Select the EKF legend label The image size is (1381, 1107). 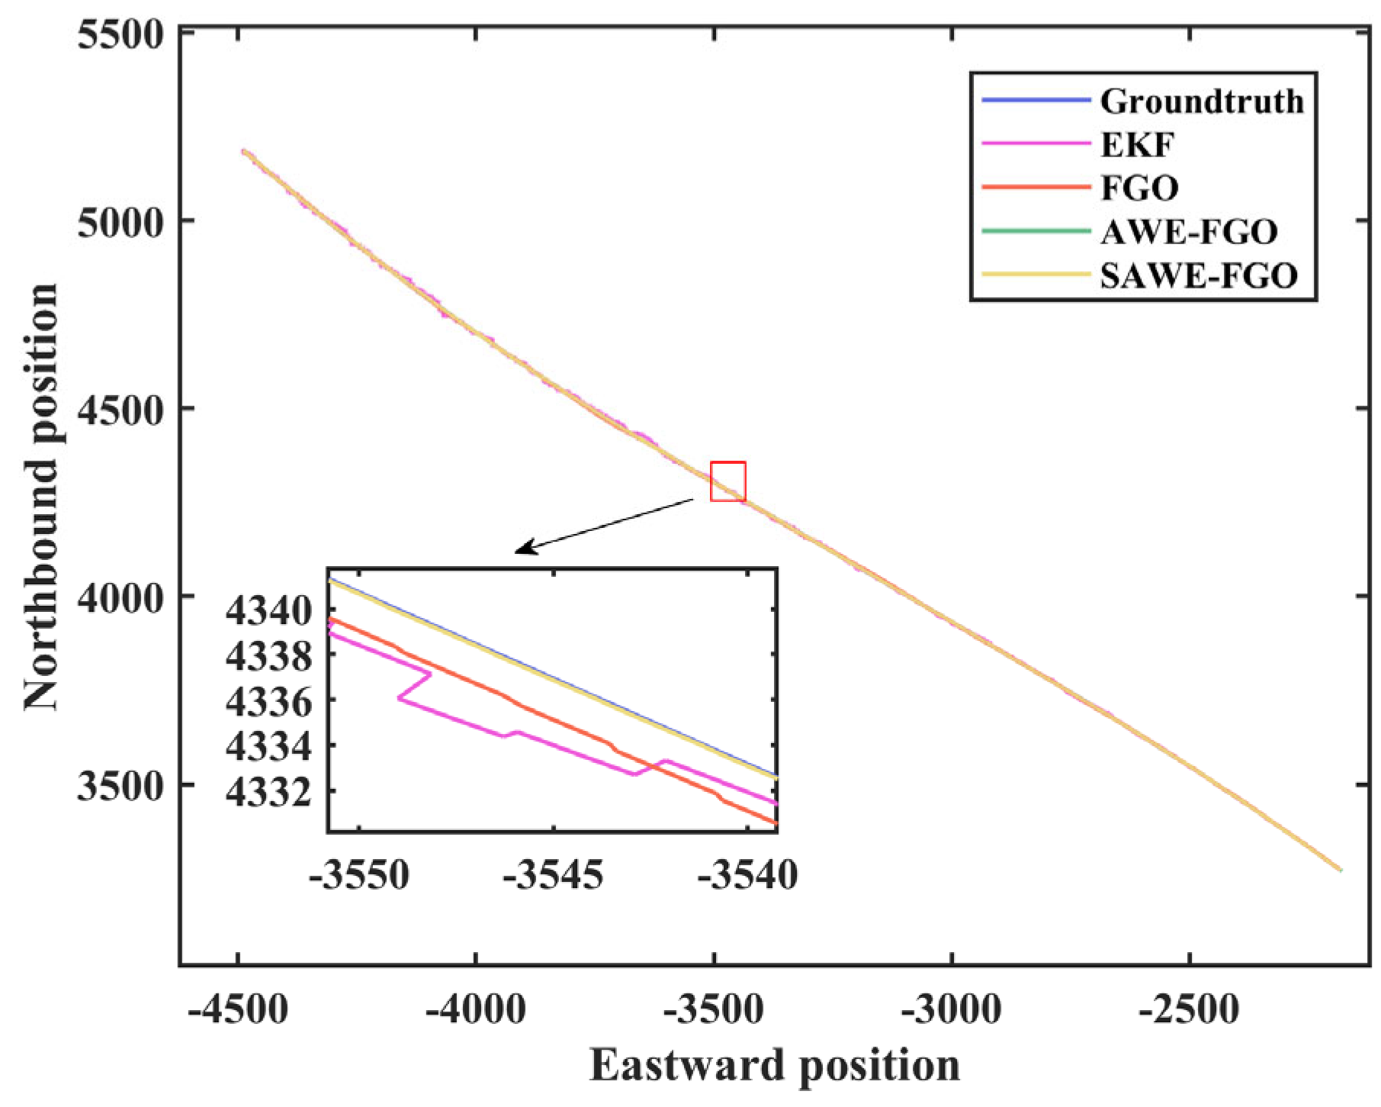tap(1137, 145)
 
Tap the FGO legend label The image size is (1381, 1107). tap(1139, 188)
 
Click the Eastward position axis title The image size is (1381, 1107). tap(774, 1065)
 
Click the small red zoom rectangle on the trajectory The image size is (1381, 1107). tap(727, 481)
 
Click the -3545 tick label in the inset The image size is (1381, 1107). tap(553, 875)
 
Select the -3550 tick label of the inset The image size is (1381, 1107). tap(359, 875)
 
